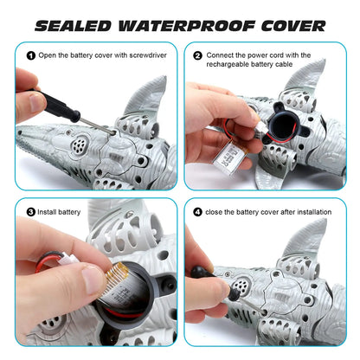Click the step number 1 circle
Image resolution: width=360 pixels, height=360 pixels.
point(31,56)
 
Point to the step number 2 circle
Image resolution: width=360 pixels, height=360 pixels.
point(198,56)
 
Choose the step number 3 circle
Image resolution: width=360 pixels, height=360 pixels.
point(31,211)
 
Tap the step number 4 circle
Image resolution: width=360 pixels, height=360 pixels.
point(198,211)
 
